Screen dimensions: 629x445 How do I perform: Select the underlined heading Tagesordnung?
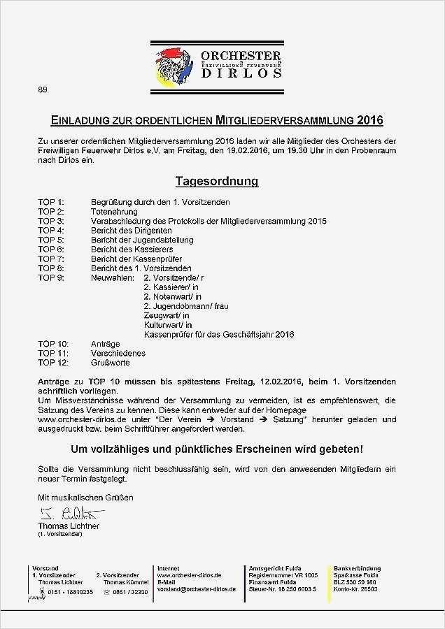[216, 182]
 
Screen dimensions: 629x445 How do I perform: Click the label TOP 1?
[51, 202]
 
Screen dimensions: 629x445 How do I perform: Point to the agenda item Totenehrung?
[114, 212]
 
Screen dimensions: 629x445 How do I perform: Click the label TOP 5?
[51, 240]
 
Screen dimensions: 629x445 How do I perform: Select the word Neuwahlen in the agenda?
[113, 277]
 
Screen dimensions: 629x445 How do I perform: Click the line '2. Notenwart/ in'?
[172, 296]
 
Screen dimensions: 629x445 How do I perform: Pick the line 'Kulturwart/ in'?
[167, 325]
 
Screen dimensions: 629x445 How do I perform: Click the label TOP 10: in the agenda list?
[53, 344]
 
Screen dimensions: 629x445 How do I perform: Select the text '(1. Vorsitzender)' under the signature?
[61, 534]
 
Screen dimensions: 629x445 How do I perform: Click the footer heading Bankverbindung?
[357, 568]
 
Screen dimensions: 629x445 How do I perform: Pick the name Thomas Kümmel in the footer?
[125, 582]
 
